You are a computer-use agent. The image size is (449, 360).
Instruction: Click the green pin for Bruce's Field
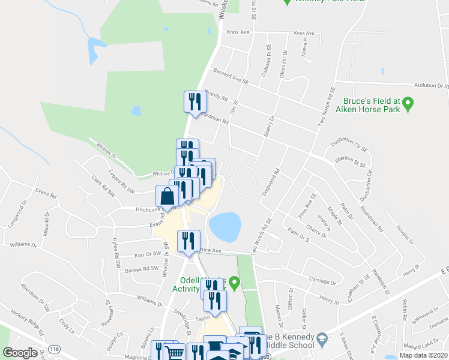coord(408,105)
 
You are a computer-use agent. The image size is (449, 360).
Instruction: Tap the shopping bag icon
coord(167,196)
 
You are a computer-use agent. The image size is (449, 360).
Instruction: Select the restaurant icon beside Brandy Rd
coord(194,101)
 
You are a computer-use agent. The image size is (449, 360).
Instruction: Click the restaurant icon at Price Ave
coord(188,241)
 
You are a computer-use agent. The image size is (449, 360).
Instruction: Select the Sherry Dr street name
coord(268,127)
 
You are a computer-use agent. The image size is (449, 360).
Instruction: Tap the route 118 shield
coord(54,349)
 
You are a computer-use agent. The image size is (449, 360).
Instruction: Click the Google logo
coord(20,353)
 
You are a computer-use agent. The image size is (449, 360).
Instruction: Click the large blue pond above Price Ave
coord(225,227)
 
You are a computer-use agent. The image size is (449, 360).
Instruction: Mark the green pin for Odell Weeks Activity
coord(234,281)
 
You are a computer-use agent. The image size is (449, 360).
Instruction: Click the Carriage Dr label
coord(323,281)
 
